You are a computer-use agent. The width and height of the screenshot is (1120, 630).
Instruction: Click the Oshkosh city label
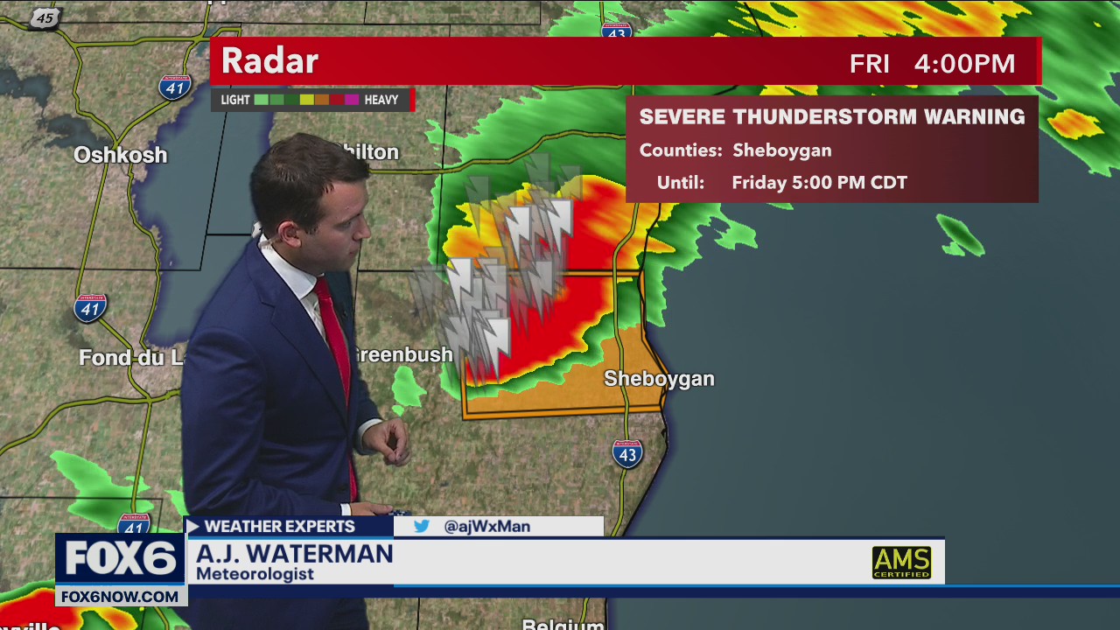120,155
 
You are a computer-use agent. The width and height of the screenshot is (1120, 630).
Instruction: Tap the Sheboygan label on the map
659,379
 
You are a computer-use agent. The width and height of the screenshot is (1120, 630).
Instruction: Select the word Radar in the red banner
269,61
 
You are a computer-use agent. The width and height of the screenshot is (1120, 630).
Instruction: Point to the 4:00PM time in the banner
964,64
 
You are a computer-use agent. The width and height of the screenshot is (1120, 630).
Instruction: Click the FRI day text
869,64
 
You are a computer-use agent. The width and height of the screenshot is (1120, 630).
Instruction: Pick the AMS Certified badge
901,563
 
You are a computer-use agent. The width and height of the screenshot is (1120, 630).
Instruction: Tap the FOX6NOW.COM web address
121,596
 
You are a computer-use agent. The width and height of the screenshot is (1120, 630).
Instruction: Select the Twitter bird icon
422,527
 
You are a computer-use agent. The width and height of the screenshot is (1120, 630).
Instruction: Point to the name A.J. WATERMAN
294,554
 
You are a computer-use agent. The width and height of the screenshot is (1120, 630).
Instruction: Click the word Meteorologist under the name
255,574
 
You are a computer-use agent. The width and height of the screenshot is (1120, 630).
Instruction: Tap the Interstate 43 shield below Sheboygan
627,452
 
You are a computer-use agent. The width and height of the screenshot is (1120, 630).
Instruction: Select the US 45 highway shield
45,18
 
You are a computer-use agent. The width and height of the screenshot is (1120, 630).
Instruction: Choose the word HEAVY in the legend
381,100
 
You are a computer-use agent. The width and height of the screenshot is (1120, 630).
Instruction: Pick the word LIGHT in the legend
235,100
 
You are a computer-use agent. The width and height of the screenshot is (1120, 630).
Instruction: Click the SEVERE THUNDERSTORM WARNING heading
831,116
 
